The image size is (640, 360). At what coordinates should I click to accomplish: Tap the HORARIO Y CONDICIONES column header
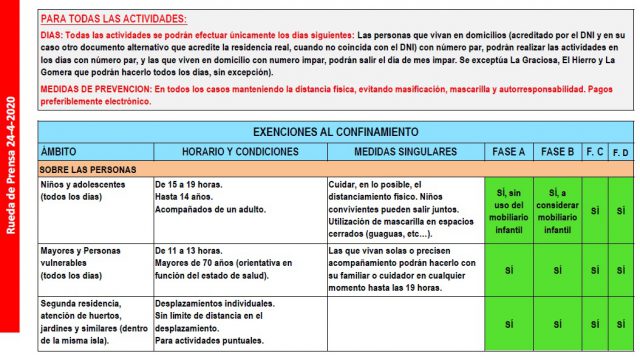(240, 151)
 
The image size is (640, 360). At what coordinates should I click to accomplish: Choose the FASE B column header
(557, 151)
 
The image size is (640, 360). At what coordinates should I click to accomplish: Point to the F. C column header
(594, 151)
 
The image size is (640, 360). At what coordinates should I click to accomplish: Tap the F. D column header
(621, 151)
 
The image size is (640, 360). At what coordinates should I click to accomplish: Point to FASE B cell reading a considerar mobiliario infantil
(557, 210)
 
